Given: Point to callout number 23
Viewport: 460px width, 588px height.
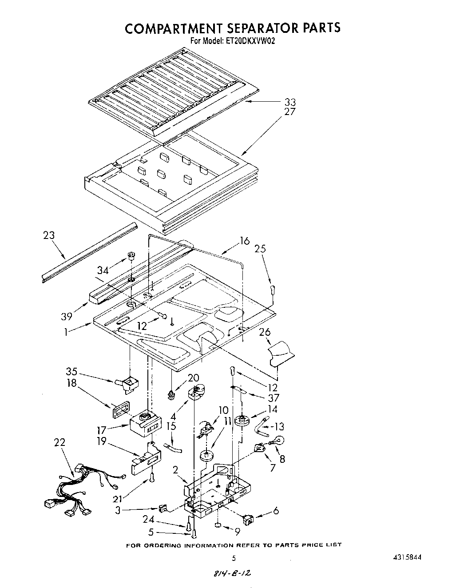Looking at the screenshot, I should tap(49, 235).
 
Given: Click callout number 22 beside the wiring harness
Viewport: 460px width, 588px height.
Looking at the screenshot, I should tap(59, 442).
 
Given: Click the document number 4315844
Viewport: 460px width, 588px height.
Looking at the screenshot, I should tap(405, 557).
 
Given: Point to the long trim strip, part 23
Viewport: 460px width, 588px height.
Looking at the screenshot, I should tap(89, 252).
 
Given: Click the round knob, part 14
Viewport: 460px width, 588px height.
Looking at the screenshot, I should tap(242, 420).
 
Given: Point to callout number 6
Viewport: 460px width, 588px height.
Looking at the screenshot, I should tap(276, 511).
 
